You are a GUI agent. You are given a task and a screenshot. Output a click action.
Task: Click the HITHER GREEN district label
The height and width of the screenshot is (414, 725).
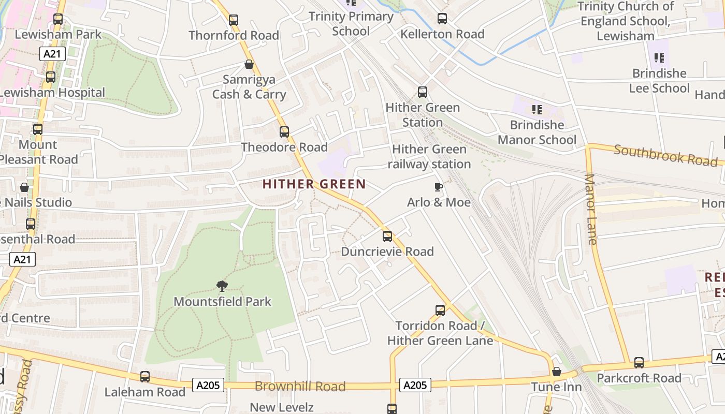tap(314, 184)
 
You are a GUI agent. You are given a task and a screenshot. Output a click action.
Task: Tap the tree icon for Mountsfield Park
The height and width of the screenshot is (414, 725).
tap(222, 286)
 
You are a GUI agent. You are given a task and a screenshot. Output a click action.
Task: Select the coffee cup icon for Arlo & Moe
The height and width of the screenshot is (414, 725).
tap(438, 187)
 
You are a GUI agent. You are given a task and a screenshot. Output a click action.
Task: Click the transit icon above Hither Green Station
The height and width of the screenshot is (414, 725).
tap(423, 92)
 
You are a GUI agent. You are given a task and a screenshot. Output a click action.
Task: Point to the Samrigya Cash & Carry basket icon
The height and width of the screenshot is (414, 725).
tap(249, 65)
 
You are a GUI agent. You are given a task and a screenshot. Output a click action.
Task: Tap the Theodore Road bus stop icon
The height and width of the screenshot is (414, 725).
tap(284, 132)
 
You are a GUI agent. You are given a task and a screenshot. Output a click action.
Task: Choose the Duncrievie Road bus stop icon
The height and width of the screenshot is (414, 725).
tap(387, 236)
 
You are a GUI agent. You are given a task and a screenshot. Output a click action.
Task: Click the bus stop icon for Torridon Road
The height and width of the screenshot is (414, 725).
tap(440, 310)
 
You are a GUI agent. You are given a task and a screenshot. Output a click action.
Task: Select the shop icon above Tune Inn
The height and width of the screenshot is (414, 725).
tap(557, 372)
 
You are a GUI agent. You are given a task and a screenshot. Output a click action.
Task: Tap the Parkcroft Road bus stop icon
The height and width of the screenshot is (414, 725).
tap(639, 363)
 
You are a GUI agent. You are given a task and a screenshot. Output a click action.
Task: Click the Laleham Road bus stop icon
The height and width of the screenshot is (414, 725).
tap(145, 377)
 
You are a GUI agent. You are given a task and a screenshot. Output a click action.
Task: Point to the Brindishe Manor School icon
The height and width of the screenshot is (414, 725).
tap(536, 110)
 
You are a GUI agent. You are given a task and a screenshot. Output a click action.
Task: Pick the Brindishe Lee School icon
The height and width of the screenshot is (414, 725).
tap(659, 58)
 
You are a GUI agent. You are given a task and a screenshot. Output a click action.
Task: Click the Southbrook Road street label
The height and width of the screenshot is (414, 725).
tap(665, 155)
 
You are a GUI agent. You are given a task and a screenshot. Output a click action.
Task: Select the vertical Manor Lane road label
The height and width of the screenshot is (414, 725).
tap(591, 209)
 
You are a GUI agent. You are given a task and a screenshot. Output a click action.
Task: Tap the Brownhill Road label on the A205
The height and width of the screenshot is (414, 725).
tap(300, 386)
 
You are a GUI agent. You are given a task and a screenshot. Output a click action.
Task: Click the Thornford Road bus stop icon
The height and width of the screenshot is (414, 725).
tap(234, 20)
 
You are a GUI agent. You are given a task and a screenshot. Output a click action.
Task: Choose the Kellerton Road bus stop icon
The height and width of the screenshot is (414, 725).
tap(442, 19)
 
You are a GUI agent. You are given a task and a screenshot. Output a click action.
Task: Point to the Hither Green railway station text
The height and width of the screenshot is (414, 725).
tap(429, 157)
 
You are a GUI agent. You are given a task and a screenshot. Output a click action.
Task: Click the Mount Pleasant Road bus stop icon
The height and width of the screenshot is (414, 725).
tap(38, 129)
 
